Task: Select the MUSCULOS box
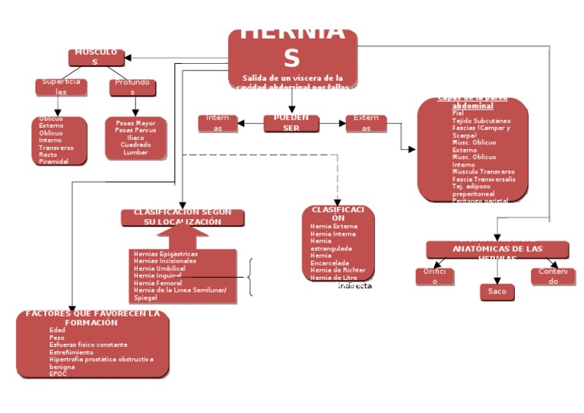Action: click(x=96, y=57)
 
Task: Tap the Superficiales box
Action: click(x=61, y=87)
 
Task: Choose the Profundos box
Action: click(x=133, y=87)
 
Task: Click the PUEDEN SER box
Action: click(x=291, y=123)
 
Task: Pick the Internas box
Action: click(x=218, y=123)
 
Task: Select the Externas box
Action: click(x=366, y=123)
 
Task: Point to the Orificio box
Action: click(x=434, y=276)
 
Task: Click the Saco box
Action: click(x=497, y=291)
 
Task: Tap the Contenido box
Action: click(x=553, y=276)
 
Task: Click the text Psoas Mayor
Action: click(x=135, y=122)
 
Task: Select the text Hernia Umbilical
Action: click(x=160, y=268)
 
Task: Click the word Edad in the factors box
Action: click(x=57, y=330)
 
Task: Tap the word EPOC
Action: click(x=58, y=373)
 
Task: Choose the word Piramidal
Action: click(x=54, y=162)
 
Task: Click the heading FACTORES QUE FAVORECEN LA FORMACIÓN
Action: click(x=93, y=318)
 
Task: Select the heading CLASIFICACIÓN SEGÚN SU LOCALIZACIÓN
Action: click(x=182, y=218)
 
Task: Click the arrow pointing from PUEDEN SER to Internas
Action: click(x=250, y=123)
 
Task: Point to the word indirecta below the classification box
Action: click(x=354, y=286)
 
